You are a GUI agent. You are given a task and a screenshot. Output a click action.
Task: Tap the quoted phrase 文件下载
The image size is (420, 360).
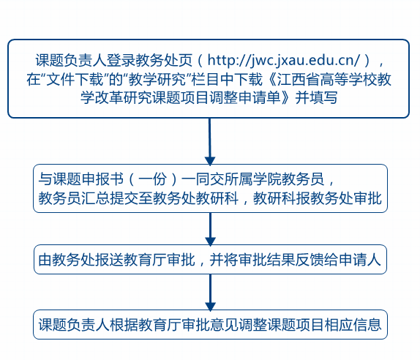coord(75,79)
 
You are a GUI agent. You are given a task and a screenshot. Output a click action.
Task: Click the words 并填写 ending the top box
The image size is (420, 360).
coord(316,97)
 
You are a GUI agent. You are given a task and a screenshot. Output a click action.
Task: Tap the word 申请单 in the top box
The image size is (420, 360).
coord(259,97)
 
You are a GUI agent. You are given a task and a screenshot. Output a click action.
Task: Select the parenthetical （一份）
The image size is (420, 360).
coord(153,179)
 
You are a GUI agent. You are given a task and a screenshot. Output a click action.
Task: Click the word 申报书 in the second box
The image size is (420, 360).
coord(102,179)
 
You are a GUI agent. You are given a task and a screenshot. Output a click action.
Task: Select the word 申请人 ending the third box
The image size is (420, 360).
coord(359,259)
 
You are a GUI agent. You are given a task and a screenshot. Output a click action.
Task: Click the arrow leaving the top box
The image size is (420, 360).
coord(210,141)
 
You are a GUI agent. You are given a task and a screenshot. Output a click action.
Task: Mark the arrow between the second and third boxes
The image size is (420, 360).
coord(210,229)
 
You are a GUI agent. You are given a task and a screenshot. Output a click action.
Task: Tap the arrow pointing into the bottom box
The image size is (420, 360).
coord(210,293)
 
